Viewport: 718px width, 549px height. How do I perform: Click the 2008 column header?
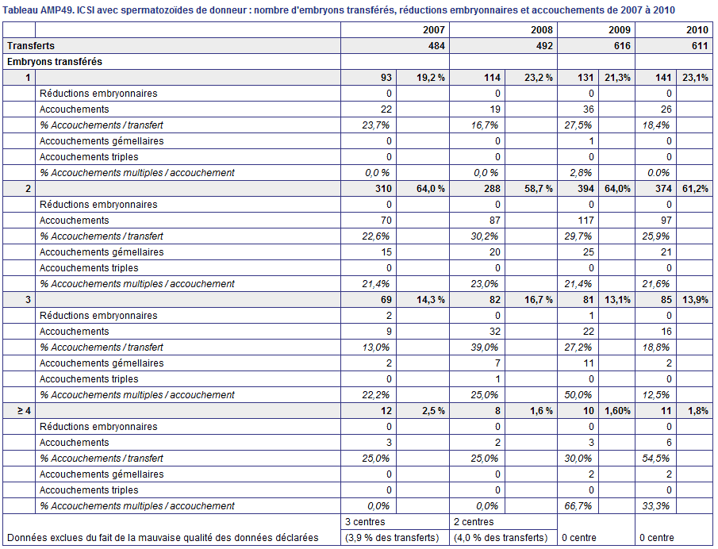(x=542, y=30)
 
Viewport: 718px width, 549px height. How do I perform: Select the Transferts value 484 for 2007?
(x=436, y=46)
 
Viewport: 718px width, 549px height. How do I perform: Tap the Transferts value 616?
(x=622, y=46)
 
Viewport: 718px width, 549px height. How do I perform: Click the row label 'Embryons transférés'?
(x=55, y=62)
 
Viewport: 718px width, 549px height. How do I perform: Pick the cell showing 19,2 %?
(x=431, y=78)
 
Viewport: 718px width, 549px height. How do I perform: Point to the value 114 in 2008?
(x=492, y=78)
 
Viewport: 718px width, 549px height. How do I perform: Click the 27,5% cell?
(x=578, y=125)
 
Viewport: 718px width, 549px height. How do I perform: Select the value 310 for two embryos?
(x=383, y=189)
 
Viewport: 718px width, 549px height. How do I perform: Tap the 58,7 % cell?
(x=539, y=189)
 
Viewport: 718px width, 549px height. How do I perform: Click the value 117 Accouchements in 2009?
(x=586, y=221)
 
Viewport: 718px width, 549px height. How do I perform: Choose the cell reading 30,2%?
(x=485, y=236)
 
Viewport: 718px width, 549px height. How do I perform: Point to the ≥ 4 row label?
(x=24, y=411)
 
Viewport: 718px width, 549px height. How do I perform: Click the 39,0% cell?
(x=485, y=347)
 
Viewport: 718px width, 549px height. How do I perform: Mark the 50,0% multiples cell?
(x=578, y=395)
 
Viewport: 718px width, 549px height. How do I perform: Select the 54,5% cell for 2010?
(x=656, y=459)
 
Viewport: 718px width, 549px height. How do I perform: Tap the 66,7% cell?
(x=578, y=506)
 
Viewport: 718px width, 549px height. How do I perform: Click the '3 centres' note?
(x=365, y=522)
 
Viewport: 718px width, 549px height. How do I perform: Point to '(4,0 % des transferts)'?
(x=501, y=538)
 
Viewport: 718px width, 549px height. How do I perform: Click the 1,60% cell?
(x=617, y=411)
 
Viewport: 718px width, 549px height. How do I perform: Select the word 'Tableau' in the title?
(x=20, y=10)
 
